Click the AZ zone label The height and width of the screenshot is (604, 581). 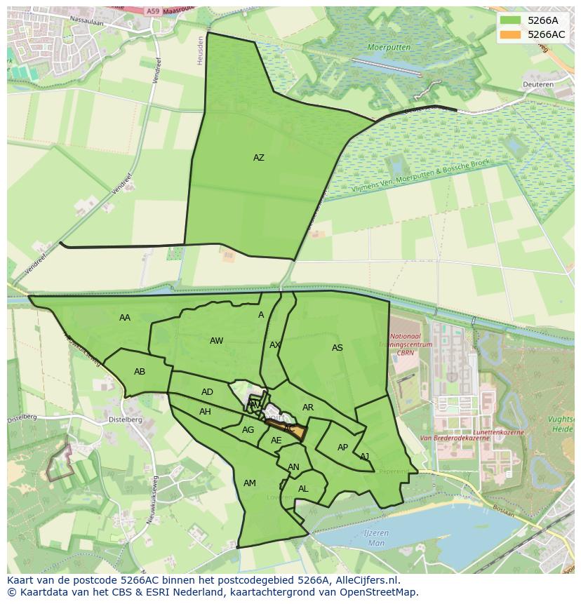259,158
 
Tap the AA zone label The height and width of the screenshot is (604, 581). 125,318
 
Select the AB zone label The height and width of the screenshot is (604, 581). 140,372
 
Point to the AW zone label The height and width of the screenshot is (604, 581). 216,341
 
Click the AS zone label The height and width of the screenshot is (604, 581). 338,348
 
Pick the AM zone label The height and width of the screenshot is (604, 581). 250,483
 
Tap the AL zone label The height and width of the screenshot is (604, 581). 303,489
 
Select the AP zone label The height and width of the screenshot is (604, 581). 342,448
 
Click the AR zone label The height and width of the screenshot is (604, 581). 308,408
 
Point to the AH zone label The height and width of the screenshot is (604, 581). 205,412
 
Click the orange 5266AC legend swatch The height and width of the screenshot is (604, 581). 511,34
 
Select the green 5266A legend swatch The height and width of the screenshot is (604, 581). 511,20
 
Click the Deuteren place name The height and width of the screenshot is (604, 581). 538,85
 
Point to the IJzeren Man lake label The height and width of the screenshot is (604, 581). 376,538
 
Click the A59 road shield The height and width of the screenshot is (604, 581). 154,11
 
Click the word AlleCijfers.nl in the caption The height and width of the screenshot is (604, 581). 366,580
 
